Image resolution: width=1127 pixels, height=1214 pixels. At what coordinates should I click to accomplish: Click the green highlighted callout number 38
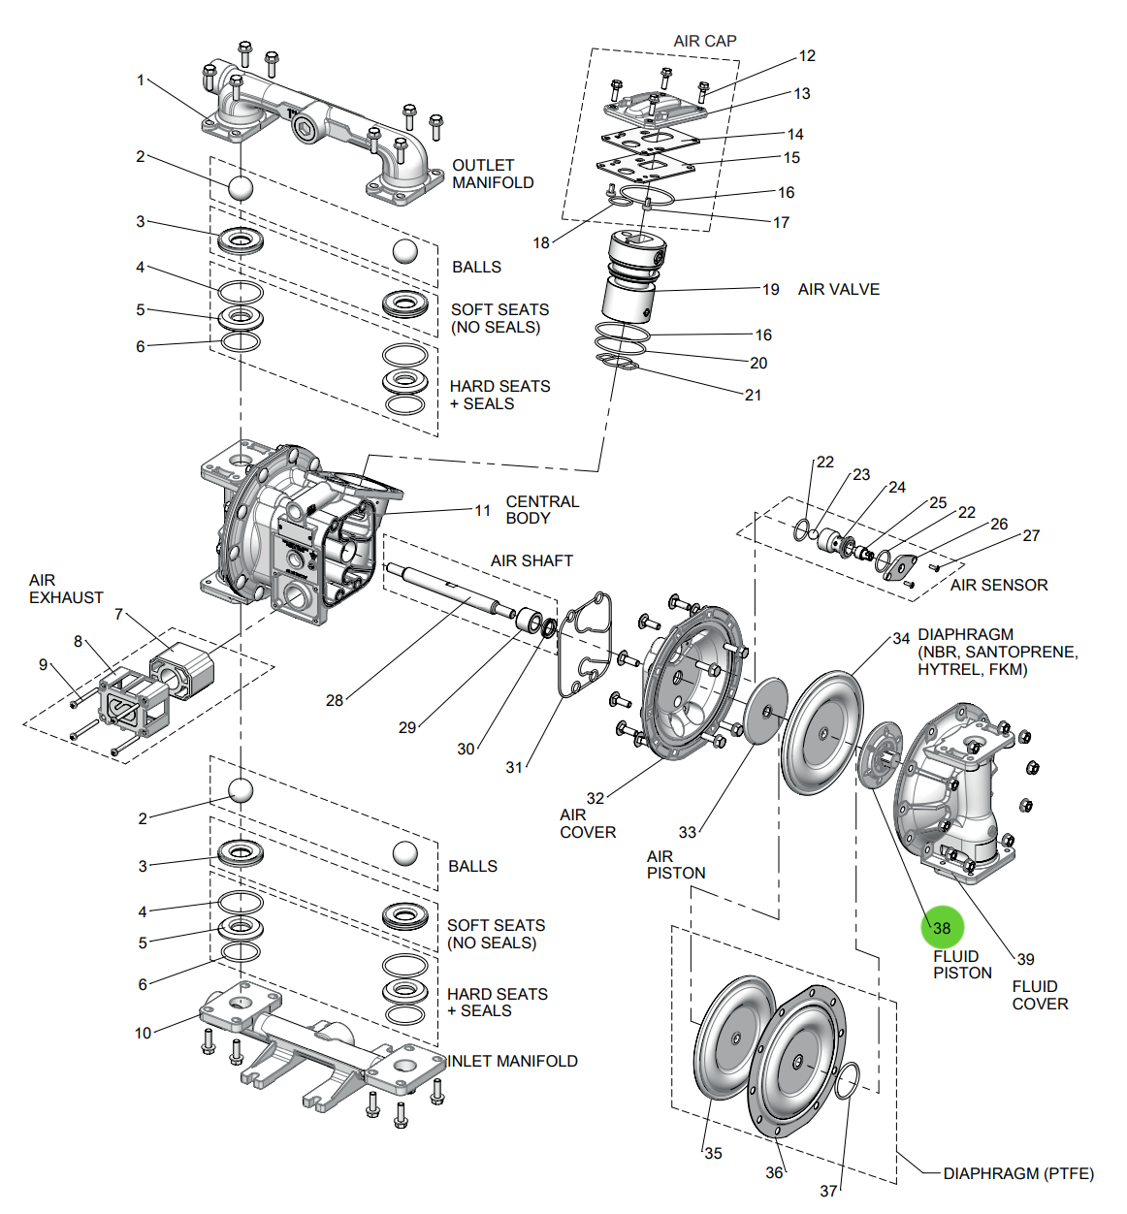coord(942,928)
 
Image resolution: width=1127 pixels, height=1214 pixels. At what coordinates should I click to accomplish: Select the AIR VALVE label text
coord(838,289)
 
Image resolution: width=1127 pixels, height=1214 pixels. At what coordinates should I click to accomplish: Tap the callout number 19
coord(770,289)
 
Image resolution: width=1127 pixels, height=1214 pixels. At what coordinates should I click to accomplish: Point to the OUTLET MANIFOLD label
coord(493,174)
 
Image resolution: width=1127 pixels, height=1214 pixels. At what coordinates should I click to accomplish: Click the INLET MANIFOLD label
coord(512,1061)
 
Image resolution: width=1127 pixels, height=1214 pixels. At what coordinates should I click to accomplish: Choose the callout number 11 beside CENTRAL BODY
coord(482,510)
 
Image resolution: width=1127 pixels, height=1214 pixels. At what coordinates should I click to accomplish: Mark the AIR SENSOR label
coord(998,585)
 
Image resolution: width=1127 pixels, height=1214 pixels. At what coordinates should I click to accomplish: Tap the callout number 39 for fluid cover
coord(1025,959)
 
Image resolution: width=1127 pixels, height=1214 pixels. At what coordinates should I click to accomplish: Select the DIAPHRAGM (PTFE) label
coord(1017,1173)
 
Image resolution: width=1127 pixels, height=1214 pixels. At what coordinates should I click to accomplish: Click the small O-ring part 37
coord(846,1080)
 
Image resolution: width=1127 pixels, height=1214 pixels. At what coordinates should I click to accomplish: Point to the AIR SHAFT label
coord(531,560)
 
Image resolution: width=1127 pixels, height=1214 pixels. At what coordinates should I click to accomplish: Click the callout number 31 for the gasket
coord(514,767)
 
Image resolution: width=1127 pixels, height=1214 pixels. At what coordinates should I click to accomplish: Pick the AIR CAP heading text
coord(704,41)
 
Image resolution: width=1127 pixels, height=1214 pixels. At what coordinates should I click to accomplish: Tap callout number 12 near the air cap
coord(807,55)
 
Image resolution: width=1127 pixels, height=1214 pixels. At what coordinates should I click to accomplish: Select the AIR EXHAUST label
coord(65,589)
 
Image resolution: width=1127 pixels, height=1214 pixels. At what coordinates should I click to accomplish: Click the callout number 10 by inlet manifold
coord(143,1033)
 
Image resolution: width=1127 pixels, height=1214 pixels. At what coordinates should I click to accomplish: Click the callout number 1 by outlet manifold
coord(141,80)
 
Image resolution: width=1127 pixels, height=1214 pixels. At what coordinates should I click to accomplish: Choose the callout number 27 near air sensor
coord(1031,535)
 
